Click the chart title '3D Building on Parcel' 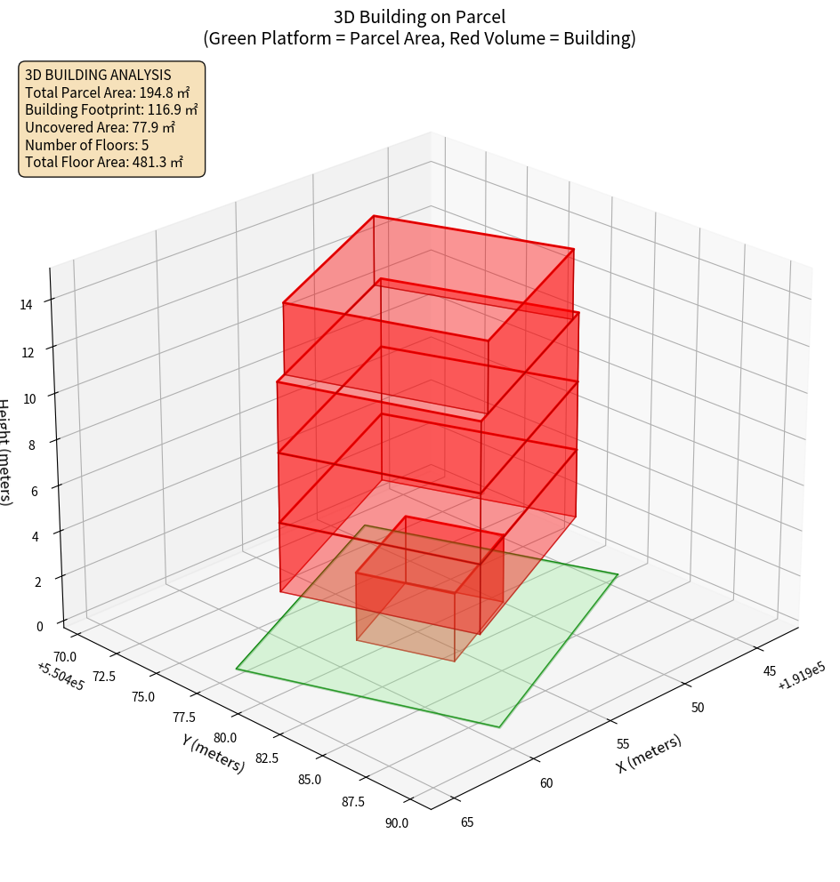tap(419, 16)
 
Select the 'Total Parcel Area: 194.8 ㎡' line tap(108, 92)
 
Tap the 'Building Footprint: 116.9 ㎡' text tap(111, 109)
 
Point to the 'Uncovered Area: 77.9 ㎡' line tap(104, 127)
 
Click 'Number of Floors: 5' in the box tap(86, 145)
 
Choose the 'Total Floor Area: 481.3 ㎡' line tap(104, 162)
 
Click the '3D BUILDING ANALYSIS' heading tap(98, 75)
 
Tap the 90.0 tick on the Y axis tap(398, 822)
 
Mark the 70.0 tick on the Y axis tap(65, 656)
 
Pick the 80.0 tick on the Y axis tap(225, 737)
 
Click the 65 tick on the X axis tap(467, 822)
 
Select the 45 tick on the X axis tap(770, 670)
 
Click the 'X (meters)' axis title tap(650, 754)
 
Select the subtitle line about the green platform tap(419, 38)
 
